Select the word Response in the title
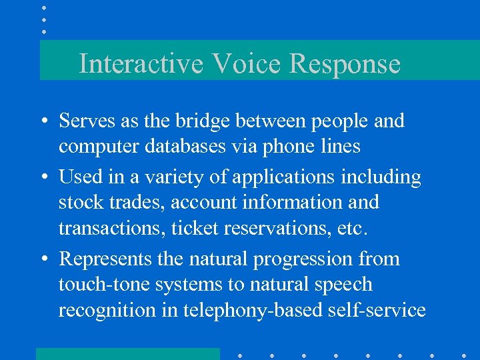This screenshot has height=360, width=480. coord(345,64)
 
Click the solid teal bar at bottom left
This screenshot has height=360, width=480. coord(127,353)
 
